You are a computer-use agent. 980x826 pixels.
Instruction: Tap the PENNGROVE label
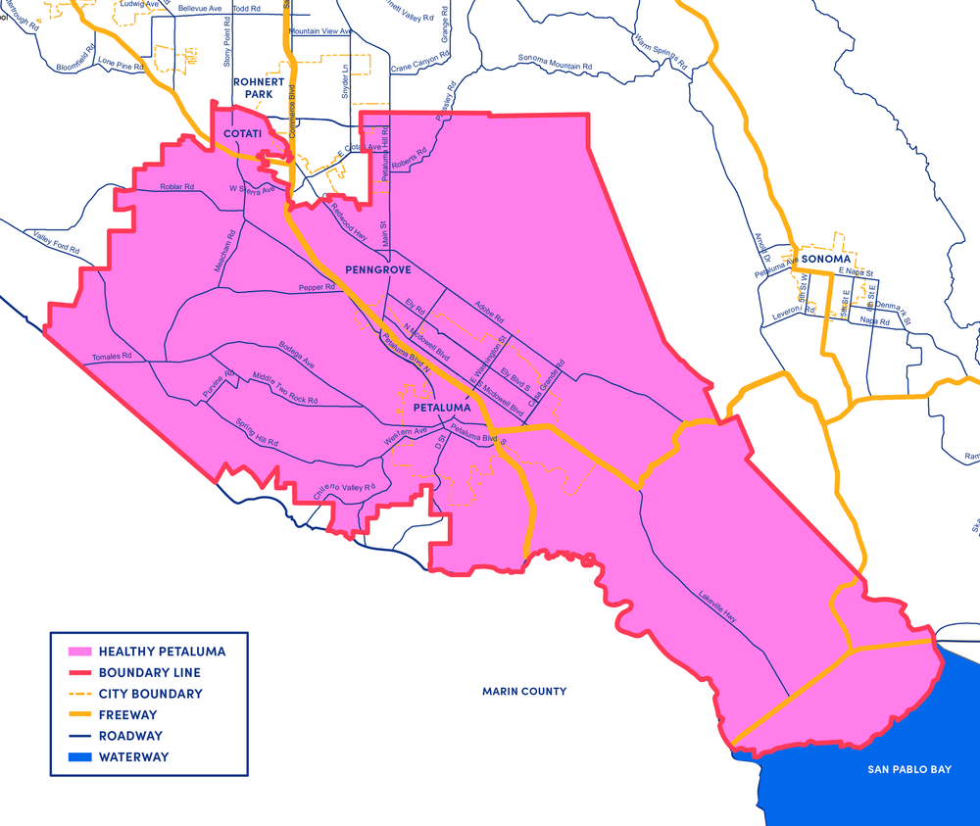point(378,268)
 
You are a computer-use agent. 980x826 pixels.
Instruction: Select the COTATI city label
point(241,133)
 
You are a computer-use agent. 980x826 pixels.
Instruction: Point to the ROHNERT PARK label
point(266,88)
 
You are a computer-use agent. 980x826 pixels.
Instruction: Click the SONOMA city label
point(822,260)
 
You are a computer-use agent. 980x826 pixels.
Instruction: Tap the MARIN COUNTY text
point(523,692)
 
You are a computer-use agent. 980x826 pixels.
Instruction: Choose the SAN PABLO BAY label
point(908,769)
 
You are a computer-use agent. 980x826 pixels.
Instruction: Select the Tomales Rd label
point(110,357)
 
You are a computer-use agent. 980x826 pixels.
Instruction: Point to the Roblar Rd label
point(178,187)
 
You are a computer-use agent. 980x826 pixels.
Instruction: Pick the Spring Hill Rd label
point(258,434)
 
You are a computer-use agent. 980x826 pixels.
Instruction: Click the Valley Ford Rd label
point(55,241)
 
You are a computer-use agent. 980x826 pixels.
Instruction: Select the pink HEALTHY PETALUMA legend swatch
point(75,652)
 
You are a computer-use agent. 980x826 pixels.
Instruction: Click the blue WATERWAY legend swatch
point(75,757)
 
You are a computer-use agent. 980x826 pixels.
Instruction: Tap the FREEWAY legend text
point(130,715)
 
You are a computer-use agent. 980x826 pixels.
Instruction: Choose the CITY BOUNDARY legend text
point(150,694)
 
